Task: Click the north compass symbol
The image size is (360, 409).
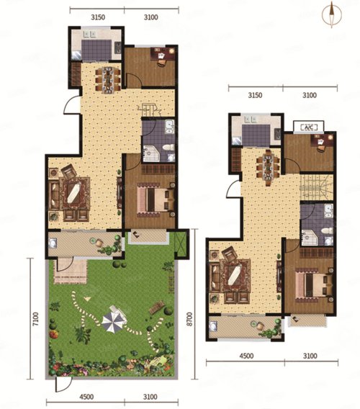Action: [332, 14]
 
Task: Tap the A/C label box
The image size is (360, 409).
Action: [309, 127]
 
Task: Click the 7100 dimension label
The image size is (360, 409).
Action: [36, 319]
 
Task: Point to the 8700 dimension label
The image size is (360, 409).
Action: [189, 319]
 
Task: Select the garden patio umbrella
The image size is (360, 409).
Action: [114, 320]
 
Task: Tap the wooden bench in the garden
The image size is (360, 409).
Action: [156, 307]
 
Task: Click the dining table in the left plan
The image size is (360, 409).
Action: [108, 80]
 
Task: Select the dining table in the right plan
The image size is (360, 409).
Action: [268, 166]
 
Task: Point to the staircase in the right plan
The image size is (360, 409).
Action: [316, 186]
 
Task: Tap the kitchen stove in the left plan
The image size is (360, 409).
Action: [118, 48]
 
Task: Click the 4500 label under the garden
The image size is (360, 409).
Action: [87, 397]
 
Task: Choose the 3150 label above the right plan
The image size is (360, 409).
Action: [255, 95]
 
